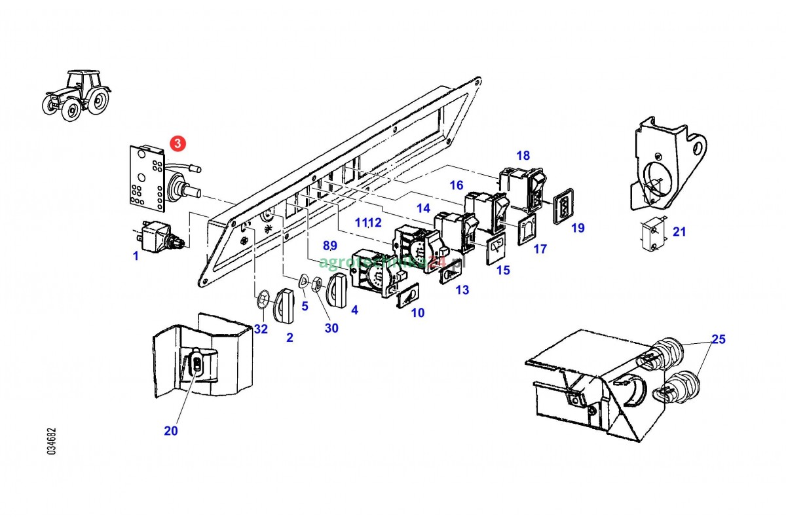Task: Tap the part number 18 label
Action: pyautogui.click(x=523, y=156)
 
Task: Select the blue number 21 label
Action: pyautogui.click(x=679, y=232)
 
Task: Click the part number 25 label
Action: pyautogui.click(x=719, y=339)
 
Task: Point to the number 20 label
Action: pyautogui.click(x=170, y=431)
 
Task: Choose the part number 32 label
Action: pyautogui.click(x=261, y=329)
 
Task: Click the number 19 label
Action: pyautogui.click(x=577, y=228)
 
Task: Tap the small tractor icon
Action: pyautogui.click(x=76, y=95)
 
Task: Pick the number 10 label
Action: pyautogui.click(x=417, y=313)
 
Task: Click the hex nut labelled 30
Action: pyautogui.click(x=314, y=284)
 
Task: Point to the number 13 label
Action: pyautogui.click(x=462, y=290)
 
